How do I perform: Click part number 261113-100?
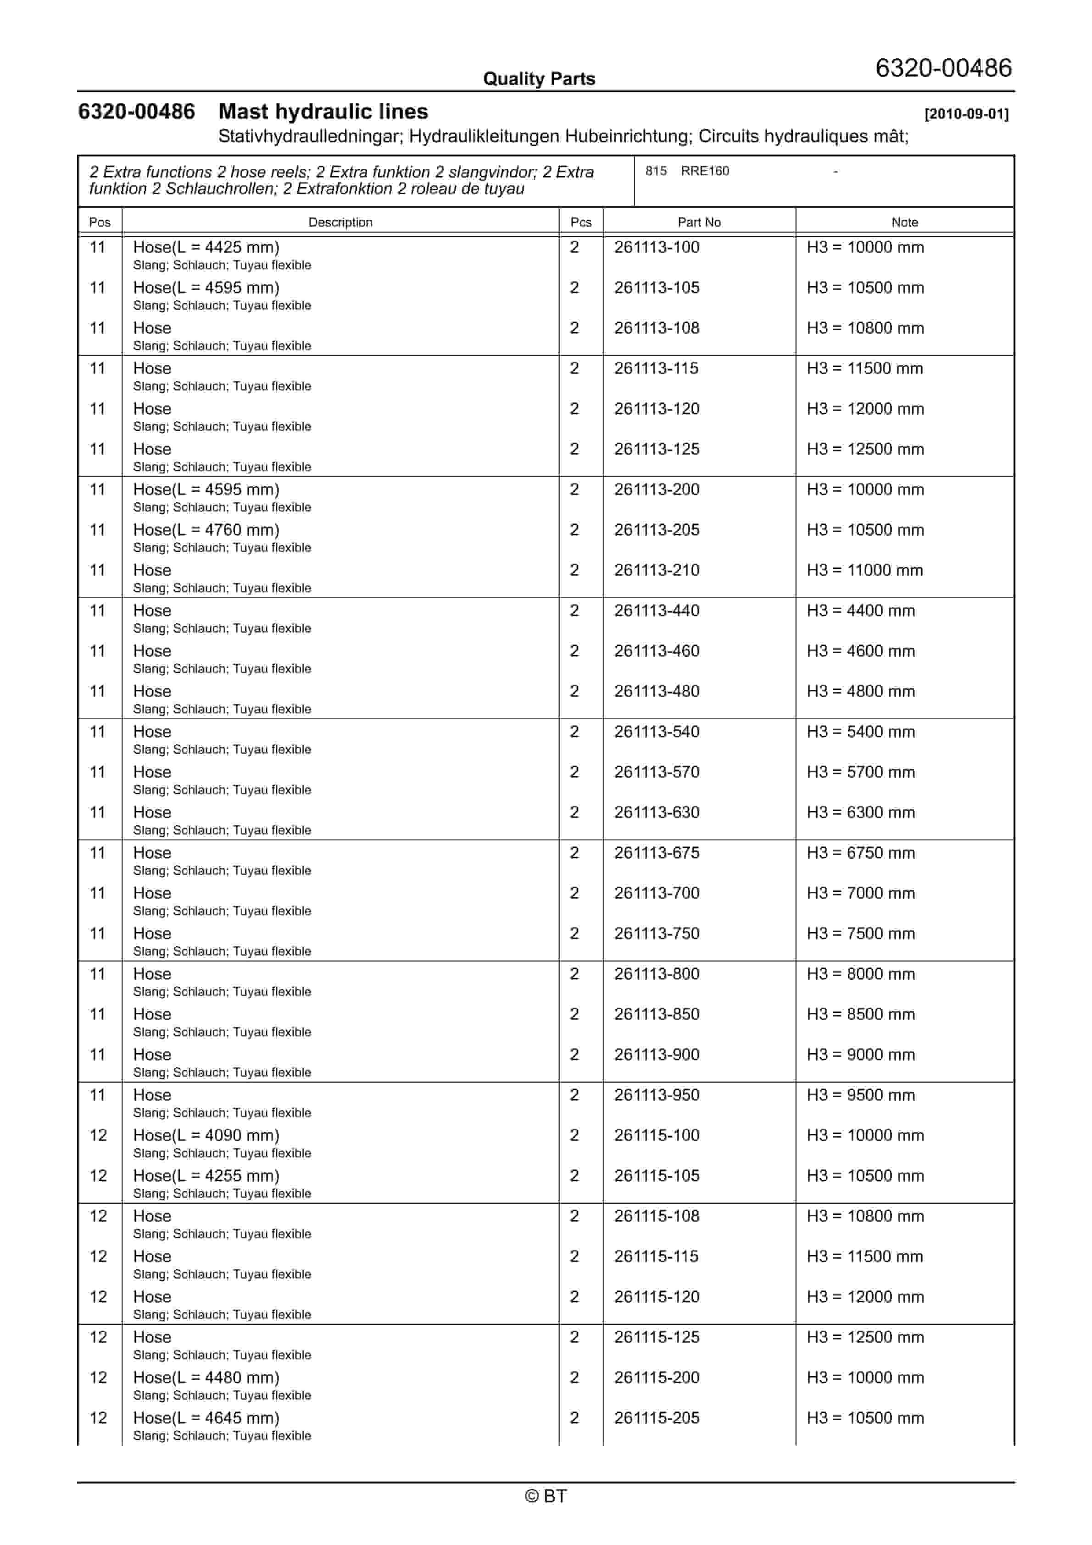point(657,248)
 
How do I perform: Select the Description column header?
point(340,222)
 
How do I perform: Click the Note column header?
point(904,222)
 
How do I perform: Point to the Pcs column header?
point(580,222)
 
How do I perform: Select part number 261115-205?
point(657,1418)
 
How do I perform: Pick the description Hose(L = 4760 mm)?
point(206,530)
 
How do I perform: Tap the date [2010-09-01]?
point(966,114)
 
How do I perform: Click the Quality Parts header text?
point(539,79)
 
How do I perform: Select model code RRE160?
point(704,171)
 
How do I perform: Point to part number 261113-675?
point(657,853)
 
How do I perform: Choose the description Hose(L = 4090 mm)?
point(206,1136)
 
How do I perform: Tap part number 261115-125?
point(657,1337)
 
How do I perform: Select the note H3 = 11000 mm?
point(865,571)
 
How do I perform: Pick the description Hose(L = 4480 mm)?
point(206,1378)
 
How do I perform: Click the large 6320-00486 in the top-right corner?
point(943,68)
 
